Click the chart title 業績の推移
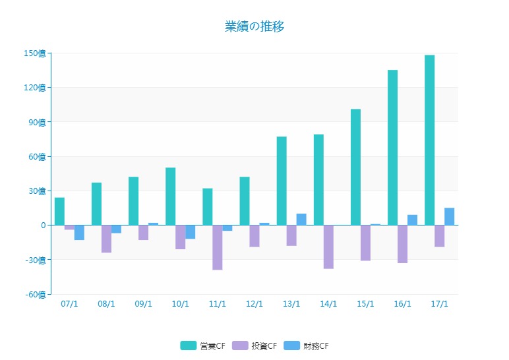click(x=254, y=26)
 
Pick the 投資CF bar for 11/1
click(x=218, y=247)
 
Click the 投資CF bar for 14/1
click(x=328, y=247)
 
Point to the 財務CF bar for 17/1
click(x=450, y=216)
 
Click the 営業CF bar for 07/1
click(x=59, y=211)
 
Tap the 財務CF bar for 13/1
click(x=301, y=219)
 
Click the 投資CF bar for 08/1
click(x=106, y=239)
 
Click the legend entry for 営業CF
click(x=202, y=346)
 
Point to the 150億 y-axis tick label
click(x=34, y=53)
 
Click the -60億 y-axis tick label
click(x=34, y=294)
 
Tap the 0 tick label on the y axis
click(x=43, y=225)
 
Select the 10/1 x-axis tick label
click(x=180, y=304)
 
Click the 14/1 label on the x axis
click(x=328, y=304)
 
